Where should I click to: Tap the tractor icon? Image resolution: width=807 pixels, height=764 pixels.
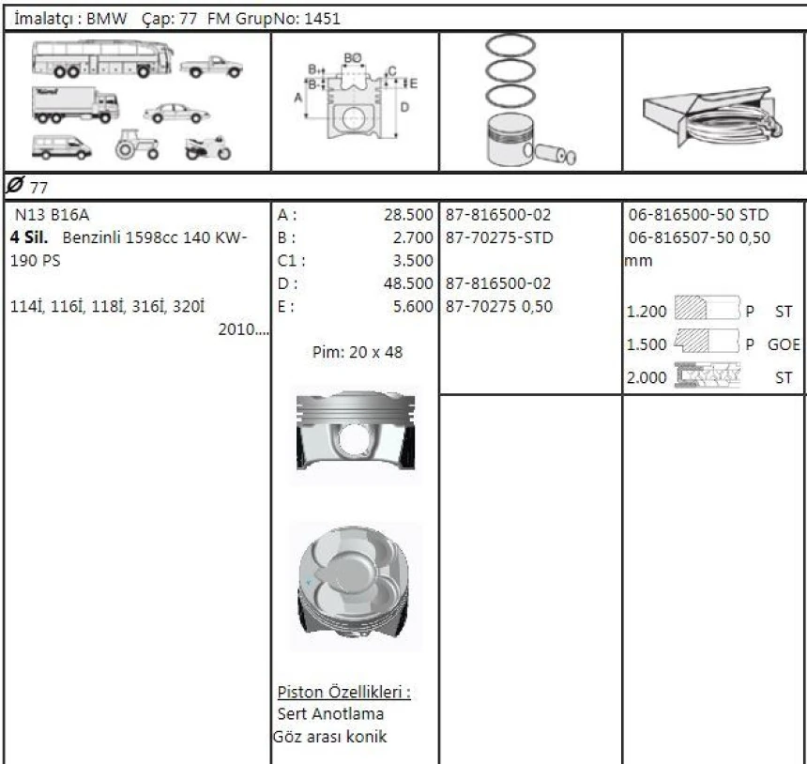click(131, 145)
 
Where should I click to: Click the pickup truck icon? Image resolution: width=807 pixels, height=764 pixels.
click(211, 67)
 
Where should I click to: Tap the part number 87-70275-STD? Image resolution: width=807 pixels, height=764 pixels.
click(498, 237)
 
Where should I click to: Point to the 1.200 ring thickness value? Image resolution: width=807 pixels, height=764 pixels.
click(645, 310)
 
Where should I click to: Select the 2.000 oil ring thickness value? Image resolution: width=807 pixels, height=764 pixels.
click(645, 377)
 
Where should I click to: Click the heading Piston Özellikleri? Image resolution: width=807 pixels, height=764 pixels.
click(344, 693)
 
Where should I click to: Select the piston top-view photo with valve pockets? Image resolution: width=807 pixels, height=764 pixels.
click(354, 587)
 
